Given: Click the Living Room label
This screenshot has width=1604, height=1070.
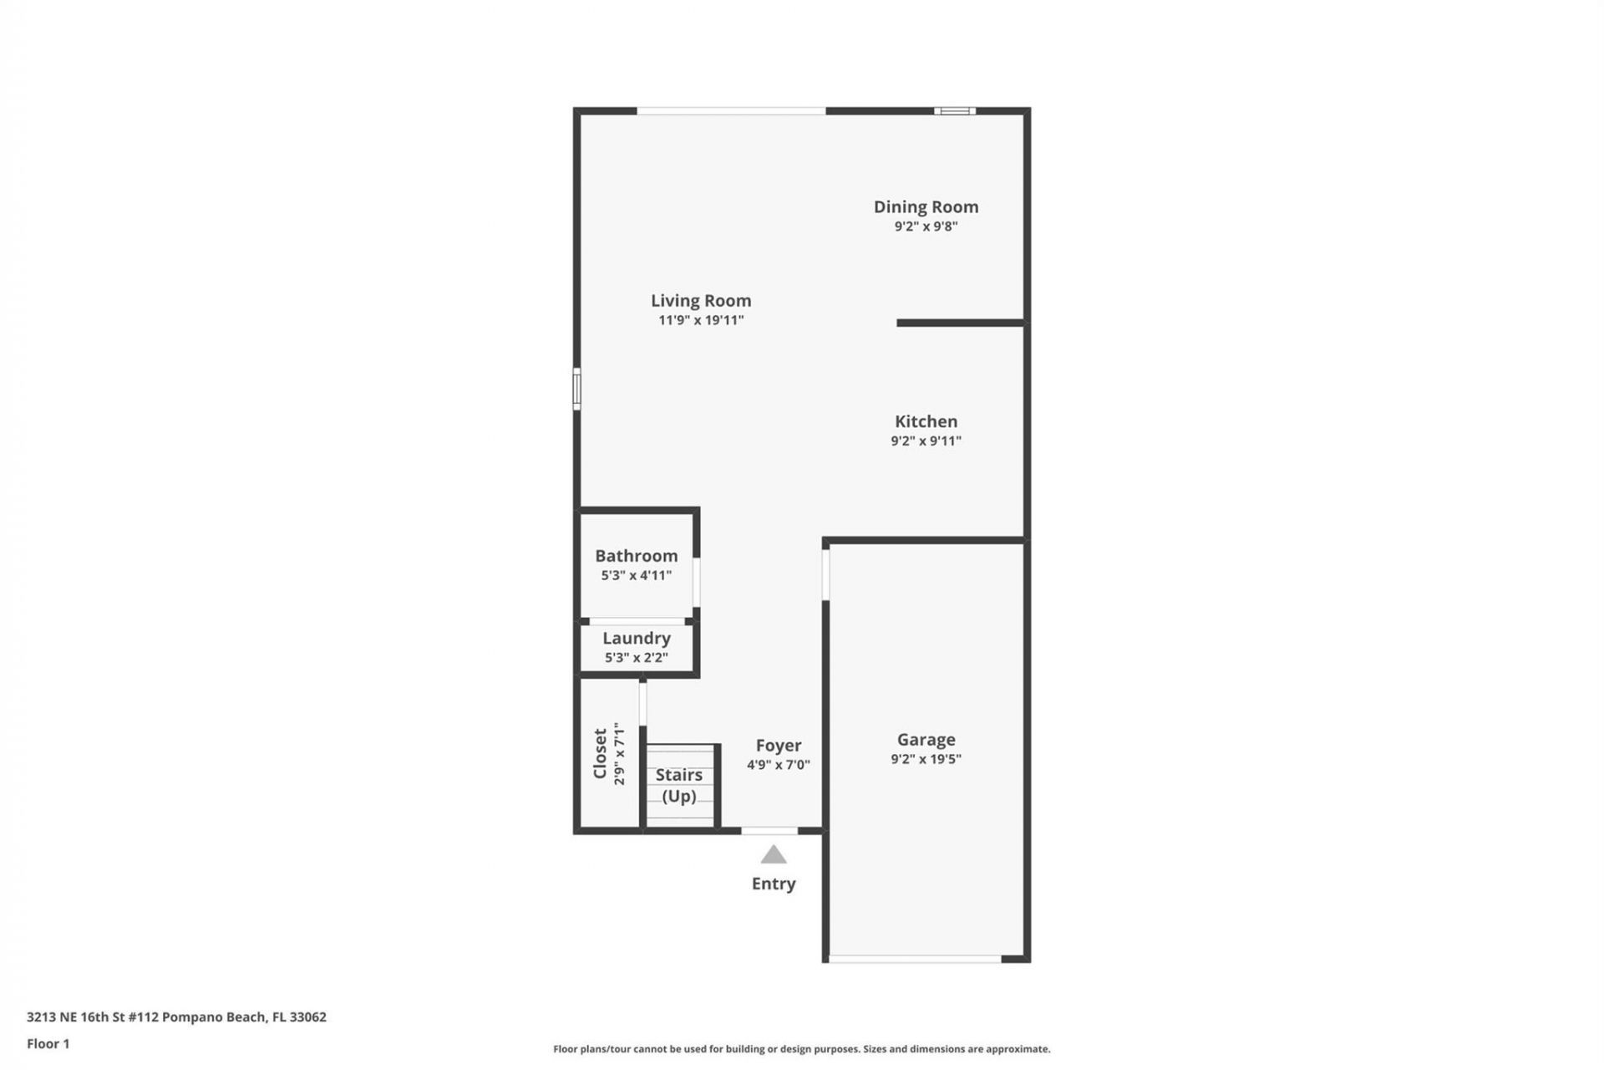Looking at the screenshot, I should pyautogui.click(x=701, y=300).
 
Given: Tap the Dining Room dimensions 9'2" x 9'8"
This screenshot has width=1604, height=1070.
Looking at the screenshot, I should pyautogui.click(x=926, y=227).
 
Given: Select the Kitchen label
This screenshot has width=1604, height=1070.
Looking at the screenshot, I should pyautogui.click(x=926, y=421).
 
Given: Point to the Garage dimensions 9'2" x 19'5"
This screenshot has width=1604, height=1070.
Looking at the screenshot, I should pyautogui.click(x=926, y=759).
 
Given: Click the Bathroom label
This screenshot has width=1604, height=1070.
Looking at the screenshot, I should pyautogui.click(x=636, y=556).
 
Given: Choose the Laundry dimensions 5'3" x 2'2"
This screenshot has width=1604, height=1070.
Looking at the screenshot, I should pyautogui.click(x=636, y=658).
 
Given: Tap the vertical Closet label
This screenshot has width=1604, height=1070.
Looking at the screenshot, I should pyautogui.click(x=600, y=753).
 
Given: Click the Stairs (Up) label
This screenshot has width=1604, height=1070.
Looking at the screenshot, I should pyautogui.click(x=678, y=785).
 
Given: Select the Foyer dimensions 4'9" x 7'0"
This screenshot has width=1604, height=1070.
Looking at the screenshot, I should pyautogui.click(x=778, y=765).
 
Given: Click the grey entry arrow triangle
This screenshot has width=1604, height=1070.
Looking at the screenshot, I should pyautogui.click(x=774, y=855).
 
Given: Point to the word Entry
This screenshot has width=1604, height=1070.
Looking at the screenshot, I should pyautogui.click(x=774, y=884).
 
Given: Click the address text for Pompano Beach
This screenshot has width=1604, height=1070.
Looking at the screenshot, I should pyautogui.click(x=176, y=1017).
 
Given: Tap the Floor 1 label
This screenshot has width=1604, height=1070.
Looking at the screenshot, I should pyautogui.click(x=48, y=1044).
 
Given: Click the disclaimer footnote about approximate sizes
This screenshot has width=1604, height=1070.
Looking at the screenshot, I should pyautogui.click(x=801, y=1049).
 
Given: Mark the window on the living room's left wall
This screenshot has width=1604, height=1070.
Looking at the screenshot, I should pyautogui.click(x=576, y=389).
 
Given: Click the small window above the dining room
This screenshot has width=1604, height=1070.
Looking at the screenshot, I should pyautogui.click(x=954, y=111).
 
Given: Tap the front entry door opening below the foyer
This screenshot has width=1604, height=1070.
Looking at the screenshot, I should pyautogui.click(x=769, y=831).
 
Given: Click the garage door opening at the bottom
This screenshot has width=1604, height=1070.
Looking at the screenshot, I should pyautogui.click(x=915, y=960).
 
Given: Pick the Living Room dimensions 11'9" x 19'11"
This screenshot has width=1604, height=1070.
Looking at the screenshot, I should pyautogui.click(x=701, y=320).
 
